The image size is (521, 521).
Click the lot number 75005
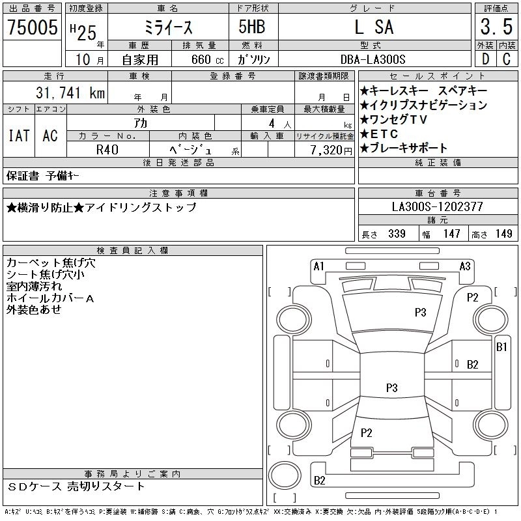[x=33, y=27]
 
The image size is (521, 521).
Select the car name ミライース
[x=167, y=27]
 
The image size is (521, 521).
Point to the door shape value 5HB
[x=252, y=27]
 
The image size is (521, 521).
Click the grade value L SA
[x=374, y=27]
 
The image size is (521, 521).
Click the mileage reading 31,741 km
[x=64, y=93]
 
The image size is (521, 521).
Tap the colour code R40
[x=108, y=150]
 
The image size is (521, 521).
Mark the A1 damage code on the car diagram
[x=318, y=266]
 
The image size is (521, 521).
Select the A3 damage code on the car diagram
[x=465, y=266]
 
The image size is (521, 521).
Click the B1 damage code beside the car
[x=501, y=347]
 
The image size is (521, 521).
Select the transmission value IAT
[x=18, y=136]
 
